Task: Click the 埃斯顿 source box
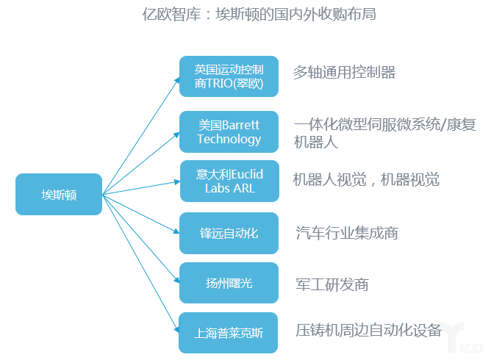coord(59,194)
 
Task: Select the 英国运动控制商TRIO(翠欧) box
coord(229,76)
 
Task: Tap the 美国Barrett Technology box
coord(229,132)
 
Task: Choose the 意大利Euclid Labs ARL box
coord(229,181)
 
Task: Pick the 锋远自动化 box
coord(229,233)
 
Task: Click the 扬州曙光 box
coord(229,282)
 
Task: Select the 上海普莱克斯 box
coord(229,333)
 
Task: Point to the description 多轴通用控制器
coord(344,72)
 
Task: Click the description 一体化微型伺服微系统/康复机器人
coord(384,132)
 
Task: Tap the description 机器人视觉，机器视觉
coord(366,180)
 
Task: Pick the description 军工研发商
coord(331,284)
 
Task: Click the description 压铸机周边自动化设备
coord(368,330)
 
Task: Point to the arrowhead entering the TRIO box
coord(176,80)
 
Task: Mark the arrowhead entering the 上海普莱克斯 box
coord(176,328)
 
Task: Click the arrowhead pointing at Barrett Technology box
coord(176,133)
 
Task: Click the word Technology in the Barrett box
coord(229,139)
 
